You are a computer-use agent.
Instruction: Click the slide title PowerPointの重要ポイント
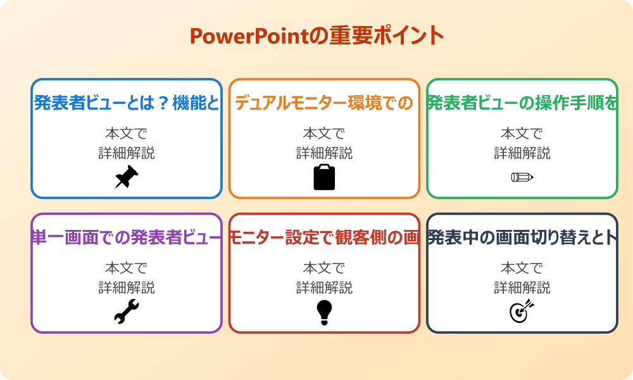tap(316, 36)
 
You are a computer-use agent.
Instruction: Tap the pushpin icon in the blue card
tap(127, 177)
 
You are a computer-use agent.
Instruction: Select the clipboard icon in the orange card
tap(324, 177)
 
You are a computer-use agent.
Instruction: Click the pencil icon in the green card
tap(522, 177)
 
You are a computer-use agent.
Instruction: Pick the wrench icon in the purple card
tap(127, 312)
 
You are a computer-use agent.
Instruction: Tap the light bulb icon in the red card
tap(324, 312)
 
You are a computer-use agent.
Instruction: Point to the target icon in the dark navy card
tap(522, 312)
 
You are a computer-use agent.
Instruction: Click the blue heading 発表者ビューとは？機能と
tap(127, 103)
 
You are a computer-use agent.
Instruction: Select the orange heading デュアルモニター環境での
tap(324, 103)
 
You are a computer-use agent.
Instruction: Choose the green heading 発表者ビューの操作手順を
tap(522, 103)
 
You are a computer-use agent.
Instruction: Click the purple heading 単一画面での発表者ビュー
tap(127, 237)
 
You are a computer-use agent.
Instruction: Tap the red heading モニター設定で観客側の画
tap(324, 237)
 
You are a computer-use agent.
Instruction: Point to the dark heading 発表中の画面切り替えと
tap(522, 237)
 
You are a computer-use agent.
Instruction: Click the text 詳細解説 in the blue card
tap(127, 153)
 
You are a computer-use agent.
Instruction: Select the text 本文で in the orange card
tap(324, 134)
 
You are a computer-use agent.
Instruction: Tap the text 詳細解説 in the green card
tap(522, 153)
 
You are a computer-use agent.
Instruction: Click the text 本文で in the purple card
tap(127, 269)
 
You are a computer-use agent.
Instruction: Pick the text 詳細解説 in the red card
tap(324, 288)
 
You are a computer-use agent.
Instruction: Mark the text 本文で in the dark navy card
tap(522, 269)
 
